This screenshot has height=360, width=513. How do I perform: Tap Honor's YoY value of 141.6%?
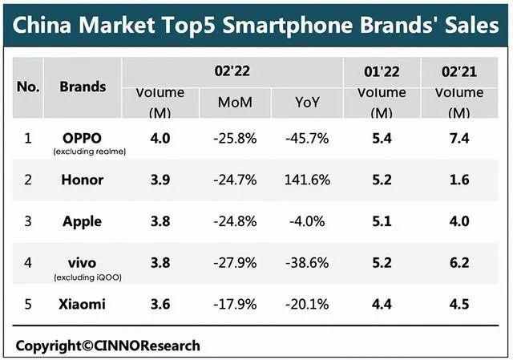tap(307, 180)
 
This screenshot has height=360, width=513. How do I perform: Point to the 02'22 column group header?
tap(232, 71)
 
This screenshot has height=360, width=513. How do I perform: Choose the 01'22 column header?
tap(381, 71)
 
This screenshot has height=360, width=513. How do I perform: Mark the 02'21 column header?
tap(459, 71)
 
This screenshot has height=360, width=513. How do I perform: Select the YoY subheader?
tap(307, 103)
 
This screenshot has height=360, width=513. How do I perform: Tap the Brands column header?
tap(82, 87)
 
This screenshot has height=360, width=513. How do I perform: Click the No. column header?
tap(28, 87)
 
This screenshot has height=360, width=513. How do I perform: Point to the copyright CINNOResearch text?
tap(107, 346)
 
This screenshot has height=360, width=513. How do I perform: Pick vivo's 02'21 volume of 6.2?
tap(459, 263)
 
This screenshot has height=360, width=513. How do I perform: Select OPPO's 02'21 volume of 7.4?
tap(459, 138)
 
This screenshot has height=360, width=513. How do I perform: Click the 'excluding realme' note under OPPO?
tap(83, 152)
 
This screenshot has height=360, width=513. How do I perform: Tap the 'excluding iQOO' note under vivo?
tap(83, 277)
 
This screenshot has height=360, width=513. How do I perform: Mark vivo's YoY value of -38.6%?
tap(307, 263)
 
